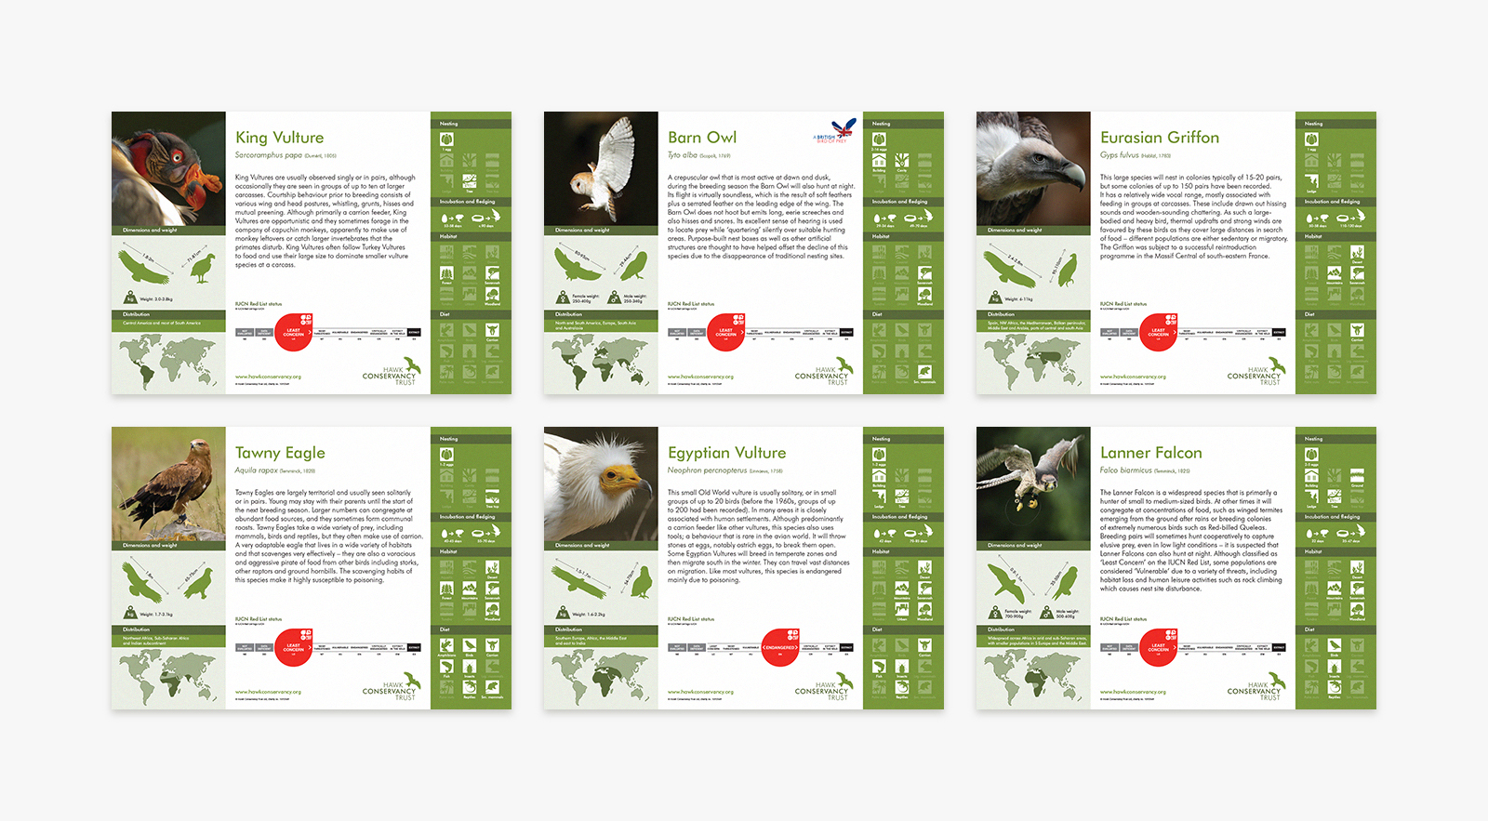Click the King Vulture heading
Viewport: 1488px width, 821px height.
[x=279, y=138]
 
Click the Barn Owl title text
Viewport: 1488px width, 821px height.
[x=701, y=138]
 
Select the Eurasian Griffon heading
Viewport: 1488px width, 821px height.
[x=1159, y=138]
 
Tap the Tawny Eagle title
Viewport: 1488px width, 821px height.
[x=279, y=453]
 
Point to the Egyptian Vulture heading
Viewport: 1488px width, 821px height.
[x=726, y=453]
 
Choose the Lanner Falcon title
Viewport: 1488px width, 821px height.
[x=1150, y=453]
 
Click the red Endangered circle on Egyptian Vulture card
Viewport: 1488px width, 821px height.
[x=780, y=647]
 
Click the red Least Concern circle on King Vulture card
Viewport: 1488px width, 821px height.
[x=294, y=332]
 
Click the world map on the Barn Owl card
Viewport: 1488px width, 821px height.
[x=600, y=362]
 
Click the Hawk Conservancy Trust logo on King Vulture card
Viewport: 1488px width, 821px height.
[x=391, y=371]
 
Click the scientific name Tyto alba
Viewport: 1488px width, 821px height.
[x=682, y=155]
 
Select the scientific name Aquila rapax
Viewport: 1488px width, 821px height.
[x=256, y=470]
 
